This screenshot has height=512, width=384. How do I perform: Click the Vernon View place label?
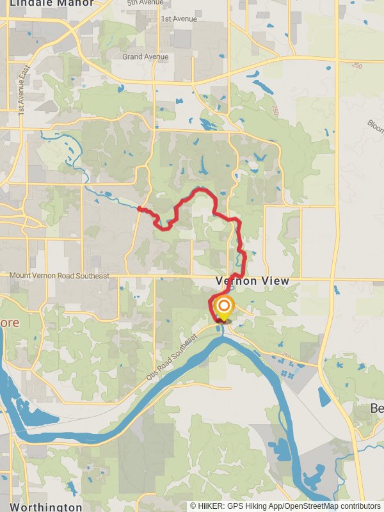[x=252, y=281]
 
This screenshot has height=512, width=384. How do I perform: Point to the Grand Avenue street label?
[x=145, y=57]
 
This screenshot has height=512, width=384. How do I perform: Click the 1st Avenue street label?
[x=179, y=19]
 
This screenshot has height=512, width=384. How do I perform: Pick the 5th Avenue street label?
[x=145, y=3]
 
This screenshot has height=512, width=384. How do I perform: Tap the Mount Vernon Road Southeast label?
[x=60, y=276]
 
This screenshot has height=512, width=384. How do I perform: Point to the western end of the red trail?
[x=139, y=207]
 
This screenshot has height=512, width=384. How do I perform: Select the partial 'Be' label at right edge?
[x=376, y=408]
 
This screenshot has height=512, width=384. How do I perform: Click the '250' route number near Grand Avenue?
[x=356, y=65]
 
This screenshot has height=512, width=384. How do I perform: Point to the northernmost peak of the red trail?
[x=202, y=189]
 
